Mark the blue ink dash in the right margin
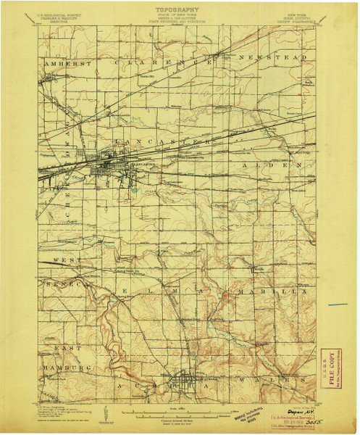(x=337, y=304)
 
